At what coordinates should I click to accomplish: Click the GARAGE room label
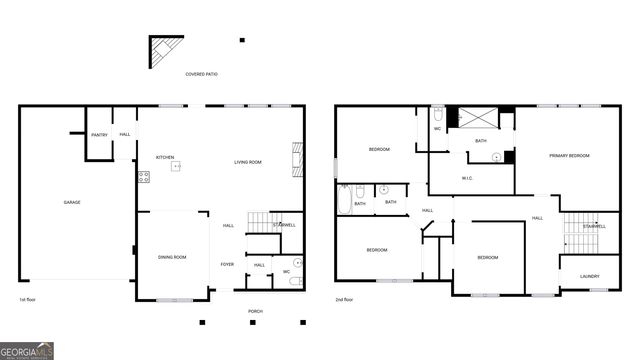[72, 203]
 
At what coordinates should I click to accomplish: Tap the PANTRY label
[99, 135]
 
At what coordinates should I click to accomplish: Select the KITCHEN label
[165, 158]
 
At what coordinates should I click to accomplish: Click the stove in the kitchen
[143, 177]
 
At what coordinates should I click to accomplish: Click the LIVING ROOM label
[248, 162]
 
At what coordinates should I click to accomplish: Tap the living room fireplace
[295, 158]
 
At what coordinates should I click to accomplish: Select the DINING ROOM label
[172, 258]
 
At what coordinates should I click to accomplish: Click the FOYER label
[227, 264]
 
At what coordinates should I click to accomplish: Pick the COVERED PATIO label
[201, 75]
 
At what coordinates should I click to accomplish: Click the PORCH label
[255, 312]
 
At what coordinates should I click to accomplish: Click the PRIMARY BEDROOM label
[567, 156]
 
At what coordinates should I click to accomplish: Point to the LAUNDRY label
[589, 276]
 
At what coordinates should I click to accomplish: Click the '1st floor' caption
[27, 299]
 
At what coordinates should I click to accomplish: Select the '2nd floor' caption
[345, 299]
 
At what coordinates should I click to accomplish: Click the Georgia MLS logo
[27, 351]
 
